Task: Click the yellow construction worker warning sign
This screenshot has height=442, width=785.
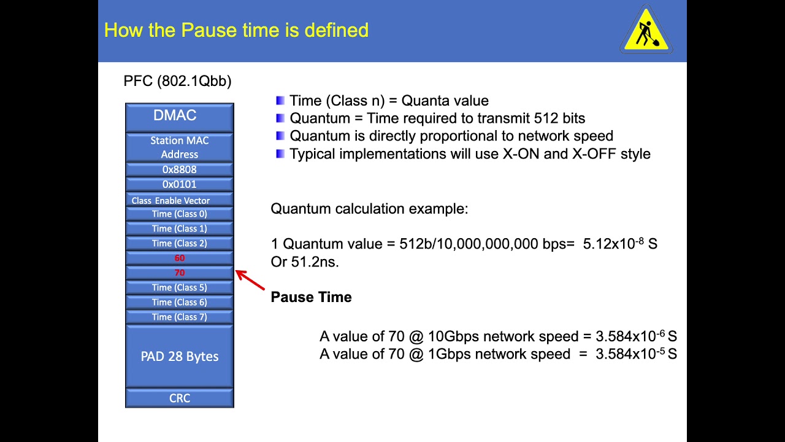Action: (x=646, y=30)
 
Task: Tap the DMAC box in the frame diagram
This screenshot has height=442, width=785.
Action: (x=180, y=117)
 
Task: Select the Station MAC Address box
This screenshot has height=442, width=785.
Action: (x=180, y=147)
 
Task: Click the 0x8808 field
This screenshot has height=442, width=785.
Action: (x=180, y=169)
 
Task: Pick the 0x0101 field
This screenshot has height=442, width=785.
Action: (x=180, y=184)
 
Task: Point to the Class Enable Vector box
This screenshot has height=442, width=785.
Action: (x=180, y=200)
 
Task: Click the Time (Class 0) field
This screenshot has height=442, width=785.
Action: (x=180, y=214)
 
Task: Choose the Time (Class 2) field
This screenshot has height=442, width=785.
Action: (x=180, y=243)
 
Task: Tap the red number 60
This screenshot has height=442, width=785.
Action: (x=180, y=258)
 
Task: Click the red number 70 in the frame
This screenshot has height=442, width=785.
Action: (x=180, y=273)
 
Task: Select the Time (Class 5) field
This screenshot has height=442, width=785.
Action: (x=180, y=287)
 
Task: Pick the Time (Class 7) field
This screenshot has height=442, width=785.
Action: (x=180, y=317)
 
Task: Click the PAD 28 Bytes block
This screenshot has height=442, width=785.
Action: (x=180, y=356)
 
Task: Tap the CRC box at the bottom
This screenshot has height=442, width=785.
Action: (x=180, y=398)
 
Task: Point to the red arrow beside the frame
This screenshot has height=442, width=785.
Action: (x=250, y=280)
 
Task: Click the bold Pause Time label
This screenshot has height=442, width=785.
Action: (x=311, y=297)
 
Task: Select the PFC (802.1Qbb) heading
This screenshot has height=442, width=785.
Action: (x=177, y=81)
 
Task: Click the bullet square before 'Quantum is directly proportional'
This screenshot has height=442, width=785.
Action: (x=280, y=136)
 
